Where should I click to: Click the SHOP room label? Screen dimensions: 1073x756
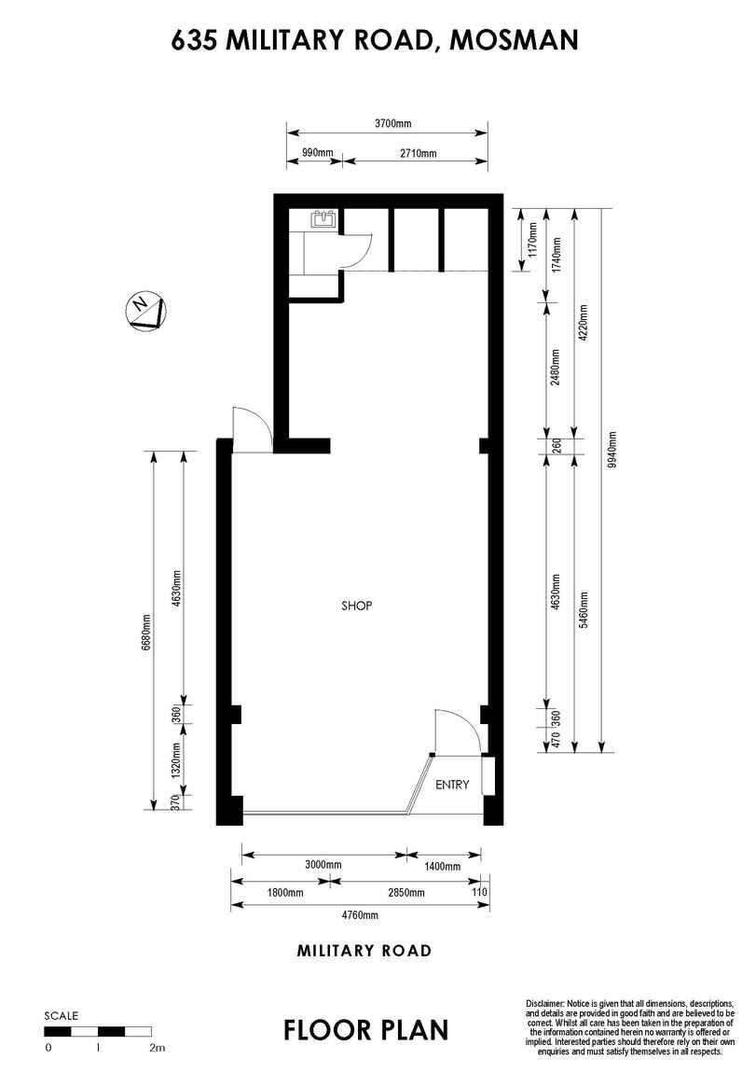(357, 606)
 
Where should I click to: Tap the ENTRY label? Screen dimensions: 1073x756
(452, 785)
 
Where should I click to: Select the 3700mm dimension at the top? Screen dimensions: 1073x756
(392, 123)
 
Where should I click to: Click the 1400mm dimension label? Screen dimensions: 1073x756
(442, 867)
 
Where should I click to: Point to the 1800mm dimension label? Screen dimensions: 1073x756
(285, 892)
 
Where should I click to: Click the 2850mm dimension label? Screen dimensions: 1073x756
(405, 892)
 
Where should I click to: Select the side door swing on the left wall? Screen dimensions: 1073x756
(251, 430)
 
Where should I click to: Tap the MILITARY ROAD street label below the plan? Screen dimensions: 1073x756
(364, 951)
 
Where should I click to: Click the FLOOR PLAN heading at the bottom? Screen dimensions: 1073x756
(366, 1029)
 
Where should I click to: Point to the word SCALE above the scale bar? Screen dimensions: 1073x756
(62, 1015)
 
